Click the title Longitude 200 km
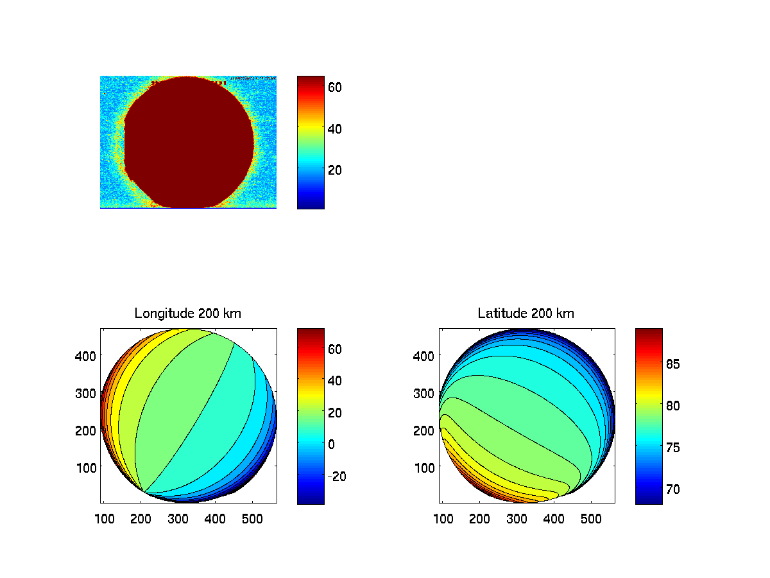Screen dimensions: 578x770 188,313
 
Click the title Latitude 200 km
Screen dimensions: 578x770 526,313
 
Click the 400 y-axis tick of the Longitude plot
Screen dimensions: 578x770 87,355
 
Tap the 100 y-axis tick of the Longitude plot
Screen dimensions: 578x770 87,467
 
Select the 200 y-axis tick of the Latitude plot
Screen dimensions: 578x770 425,430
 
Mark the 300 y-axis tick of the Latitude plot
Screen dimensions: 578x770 425,392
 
